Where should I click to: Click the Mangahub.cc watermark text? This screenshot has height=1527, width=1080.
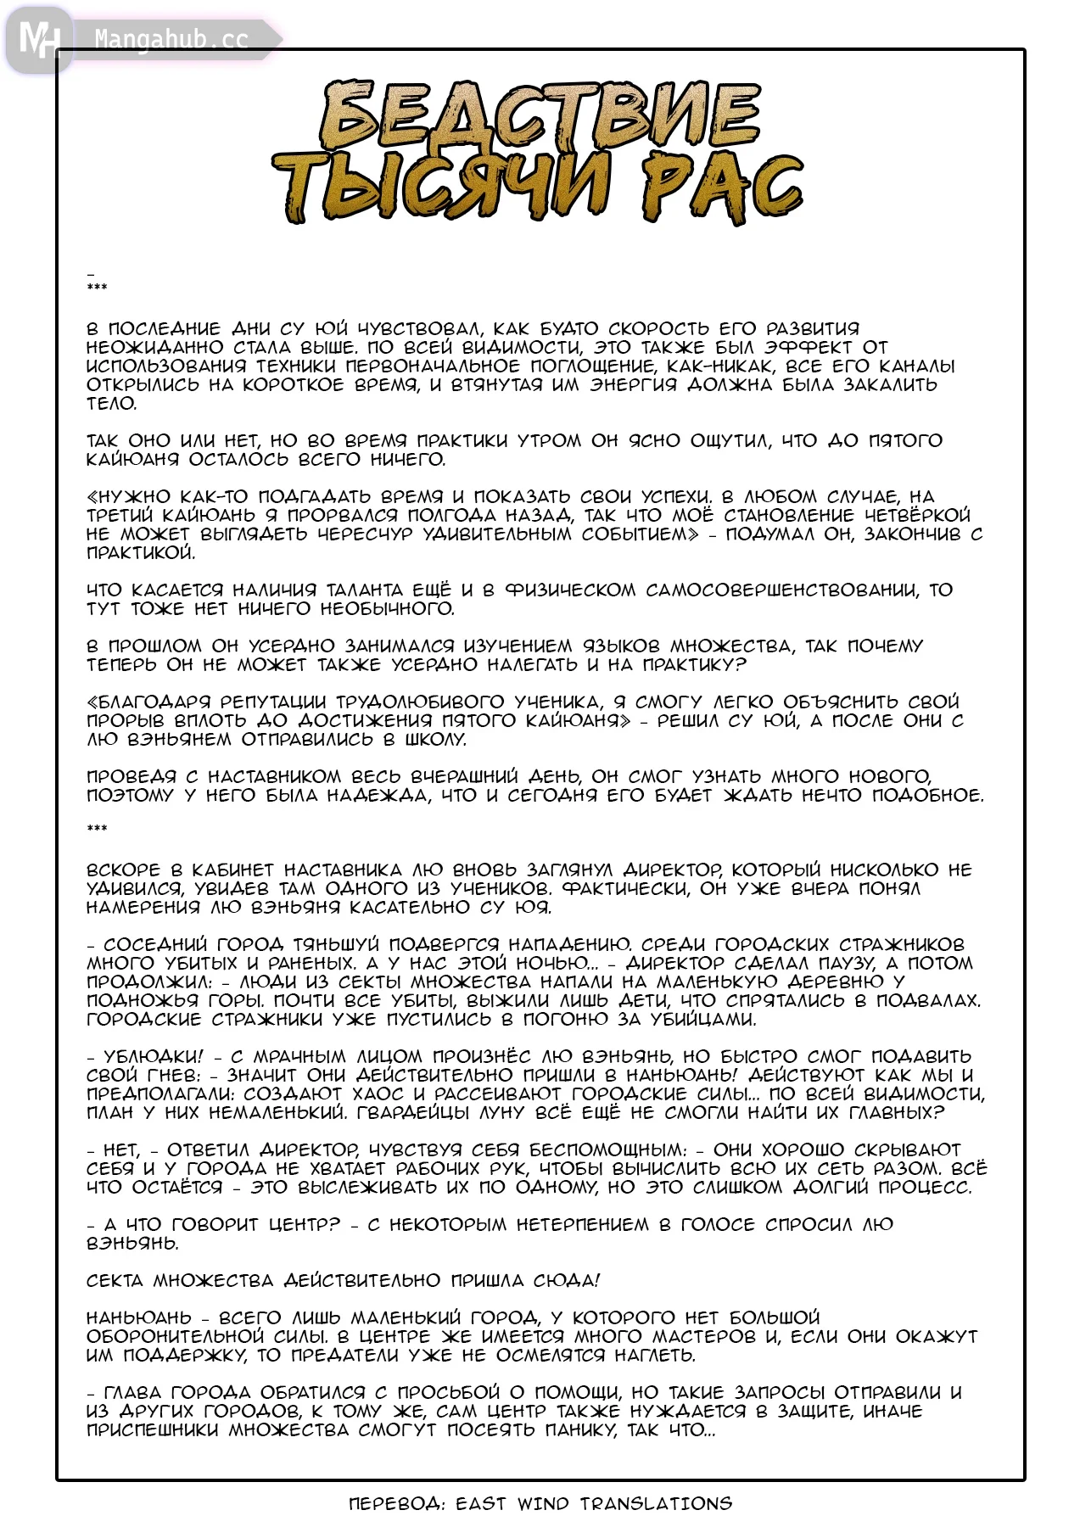(x=171, y=40)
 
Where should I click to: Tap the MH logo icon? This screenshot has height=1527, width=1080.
(x=38, y=39)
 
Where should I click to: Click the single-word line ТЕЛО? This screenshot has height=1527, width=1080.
(x=111, y=404)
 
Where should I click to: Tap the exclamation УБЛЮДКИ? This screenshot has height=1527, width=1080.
(x=154, y=1057)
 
